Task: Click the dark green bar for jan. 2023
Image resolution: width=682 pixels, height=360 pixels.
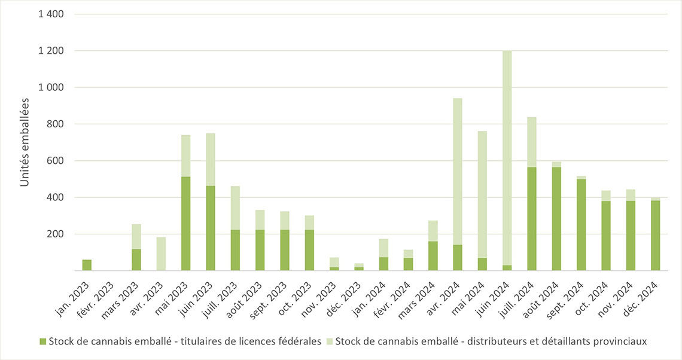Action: click(87, 265)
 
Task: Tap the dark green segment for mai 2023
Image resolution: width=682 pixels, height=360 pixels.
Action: click(185, 224)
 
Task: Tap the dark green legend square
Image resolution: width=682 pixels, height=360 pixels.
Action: click(42, 341)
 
